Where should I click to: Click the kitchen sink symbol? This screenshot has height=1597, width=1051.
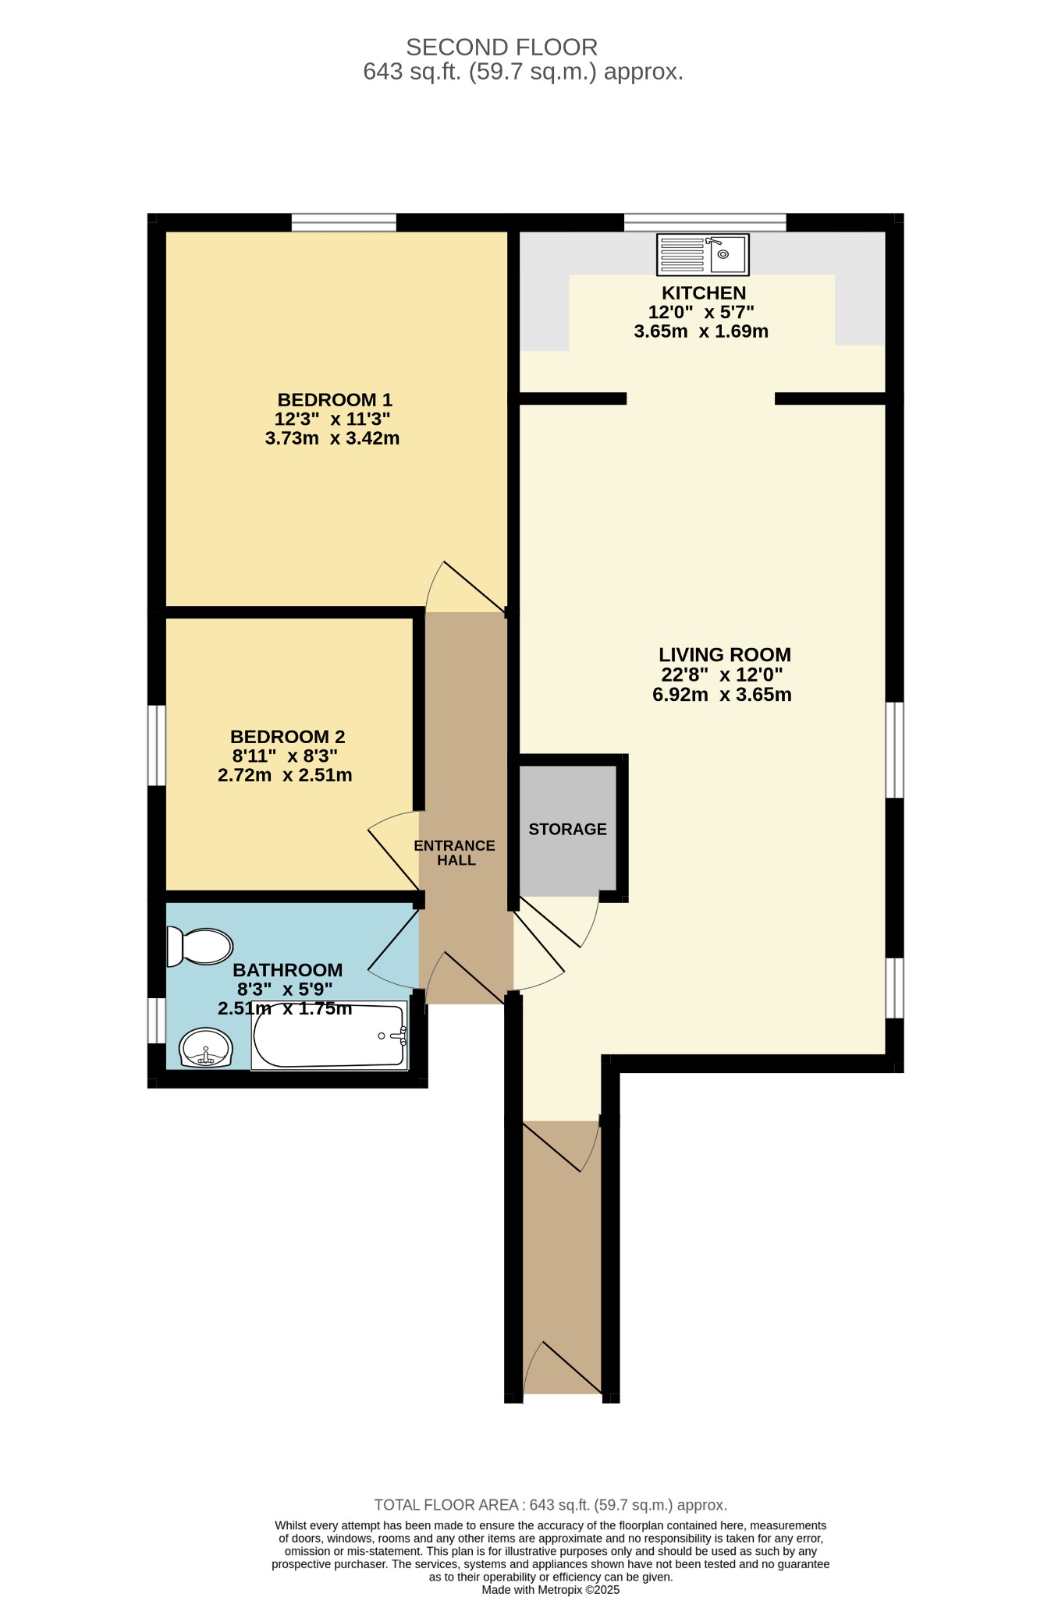703,255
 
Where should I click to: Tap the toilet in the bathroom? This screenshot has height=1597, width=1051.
200,947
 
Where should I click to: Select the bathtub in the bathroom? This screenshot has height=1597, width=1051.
329,1036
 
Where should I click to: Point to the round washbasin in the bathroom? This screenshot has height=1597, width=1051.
205,1047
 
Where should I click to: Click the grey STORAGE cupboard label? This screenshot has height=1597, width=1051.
567,829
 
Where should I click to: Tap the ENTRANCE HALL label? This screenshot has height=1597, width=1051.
455,853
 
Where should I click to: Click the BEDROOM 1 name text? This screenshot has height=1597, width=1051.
335,400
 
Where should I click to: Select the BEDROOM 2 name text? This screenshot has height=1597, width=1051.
287,737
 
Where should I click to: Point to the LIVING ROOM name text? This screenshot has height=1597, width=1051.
725,655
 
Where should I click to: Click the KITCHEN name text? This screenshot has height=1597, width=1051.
704,293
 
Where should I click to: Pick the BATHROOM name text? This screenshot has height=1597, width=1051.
288,970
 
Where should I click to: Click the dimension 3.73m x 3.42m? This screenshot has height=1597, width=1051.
332,438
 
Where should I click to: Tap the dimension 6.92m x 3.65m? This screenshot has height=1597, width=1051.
723,695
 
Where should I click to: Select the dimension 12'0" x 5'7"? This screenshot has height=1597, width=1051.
701,312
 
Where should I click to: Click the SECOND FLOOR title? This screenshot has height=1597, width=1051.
502,48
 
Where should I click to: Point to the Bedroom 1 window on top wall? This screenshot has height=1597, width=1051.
344,222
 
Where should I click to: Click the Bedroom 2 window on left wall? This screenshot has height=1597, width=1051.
157,745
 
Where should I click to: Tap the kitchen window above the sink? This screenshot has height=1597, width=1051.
705,222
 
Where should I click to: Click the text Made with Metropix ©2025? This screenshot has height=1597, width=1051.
551,1589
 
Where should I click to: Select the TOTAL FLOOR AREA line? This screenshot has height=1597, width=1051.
551,1505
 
